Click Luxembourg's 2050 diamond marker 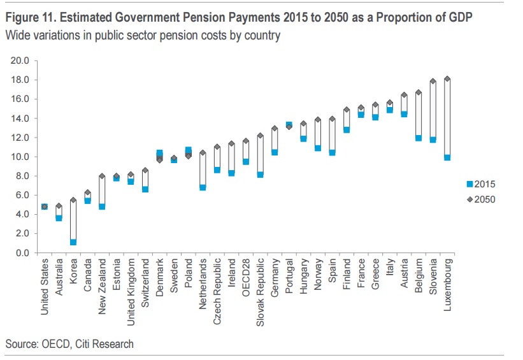[447, 79]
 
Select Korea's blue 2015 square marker [73, 242]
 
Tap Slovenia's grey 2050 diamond [432, 82]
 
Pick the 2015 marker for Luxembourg [447, 157]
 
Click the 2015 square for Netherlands [203, 187]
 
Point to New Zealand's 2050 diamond [102, 176]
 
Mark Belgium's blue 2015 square [419, 138]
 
